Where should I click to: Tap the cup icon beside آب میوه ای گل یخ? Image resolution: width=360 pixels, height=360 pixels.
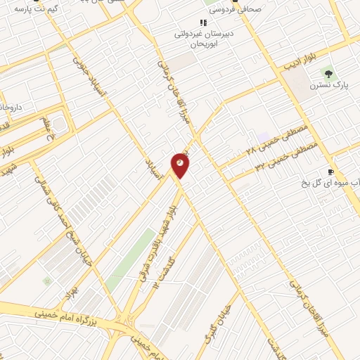[x=330, y=172]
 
